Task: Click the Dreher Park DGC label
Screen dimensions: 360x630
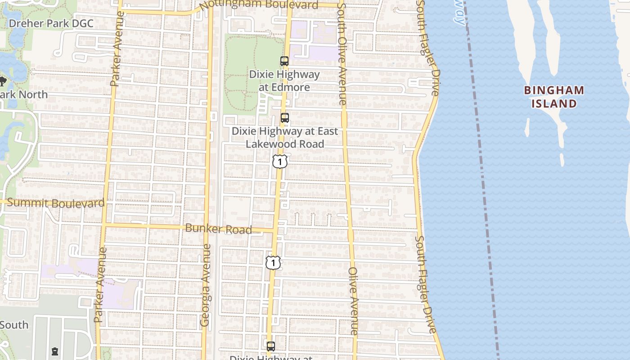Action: [51, 23]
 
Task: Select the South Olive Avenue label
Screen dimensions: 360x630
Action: [342, 54]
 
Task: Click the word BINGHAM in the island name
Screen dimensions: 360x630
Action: [554, 90]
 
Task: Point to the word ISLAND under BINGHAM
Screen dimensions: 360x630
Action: [554, 104]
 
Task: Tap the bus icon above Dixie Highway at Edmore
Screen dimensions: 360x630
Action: [284, 61]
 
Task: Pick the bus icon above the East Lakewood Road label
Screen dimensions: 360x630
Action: [284, 118]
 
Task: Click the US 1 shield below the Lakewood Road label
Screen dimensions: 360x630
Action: [280, 161]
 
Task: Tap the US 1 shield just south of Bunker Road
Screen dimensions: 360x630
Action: [273, 262]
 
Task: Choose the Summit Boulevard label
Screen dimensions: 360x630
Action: [56, 203]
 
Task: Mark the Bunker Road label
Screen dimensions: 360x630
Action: [219, 229]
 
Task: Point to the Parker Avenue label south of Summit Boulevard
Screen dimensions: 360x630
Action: [100, 284]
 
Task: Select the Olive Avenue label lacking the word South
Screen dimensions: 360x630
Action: [353, 301]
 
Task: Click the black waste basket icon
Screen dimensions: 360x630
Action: [55, 351]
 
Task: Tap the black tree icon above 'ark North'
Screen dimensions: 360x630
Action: [2, 81]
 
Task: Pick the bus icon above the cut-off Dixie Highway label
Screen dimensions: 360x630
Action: [270, 346]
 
